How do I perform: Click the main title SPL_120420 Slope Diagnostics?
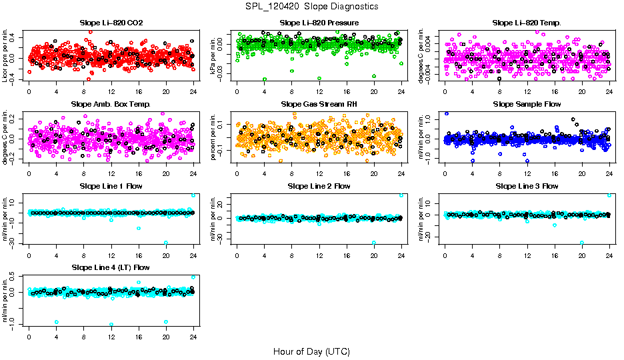point(311,6)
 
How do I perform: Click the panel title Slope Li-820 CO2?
point(111,23)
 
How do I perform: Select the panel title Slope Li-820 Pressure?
point(319,23)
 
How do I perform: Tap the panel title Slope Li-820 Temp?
point(527,23)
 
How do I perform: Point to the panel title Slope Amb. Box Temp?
point(111,104)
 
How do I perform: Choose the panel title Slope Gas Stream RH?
point(319,104)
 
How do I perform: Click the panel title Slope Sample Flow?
point(527,104)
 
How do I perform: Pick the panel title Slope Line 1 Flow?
point(111,186)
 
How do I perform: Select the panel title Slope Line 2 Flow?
point(319,186)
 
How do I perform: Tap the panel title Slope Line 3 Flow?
point(527,186)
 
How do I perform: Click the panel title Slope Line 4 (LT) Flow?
point(111,267)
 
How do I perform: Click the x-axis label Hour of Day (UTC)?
point(311,351)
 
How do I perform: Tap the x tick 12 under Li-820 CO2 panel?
point(111,91)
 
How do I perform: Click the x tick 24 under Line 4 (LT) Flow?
point(193,336)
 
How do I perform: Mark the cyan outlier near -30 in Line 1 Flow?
point(166,243)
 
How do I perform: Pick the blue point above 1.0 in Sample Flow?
point(446,114)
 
